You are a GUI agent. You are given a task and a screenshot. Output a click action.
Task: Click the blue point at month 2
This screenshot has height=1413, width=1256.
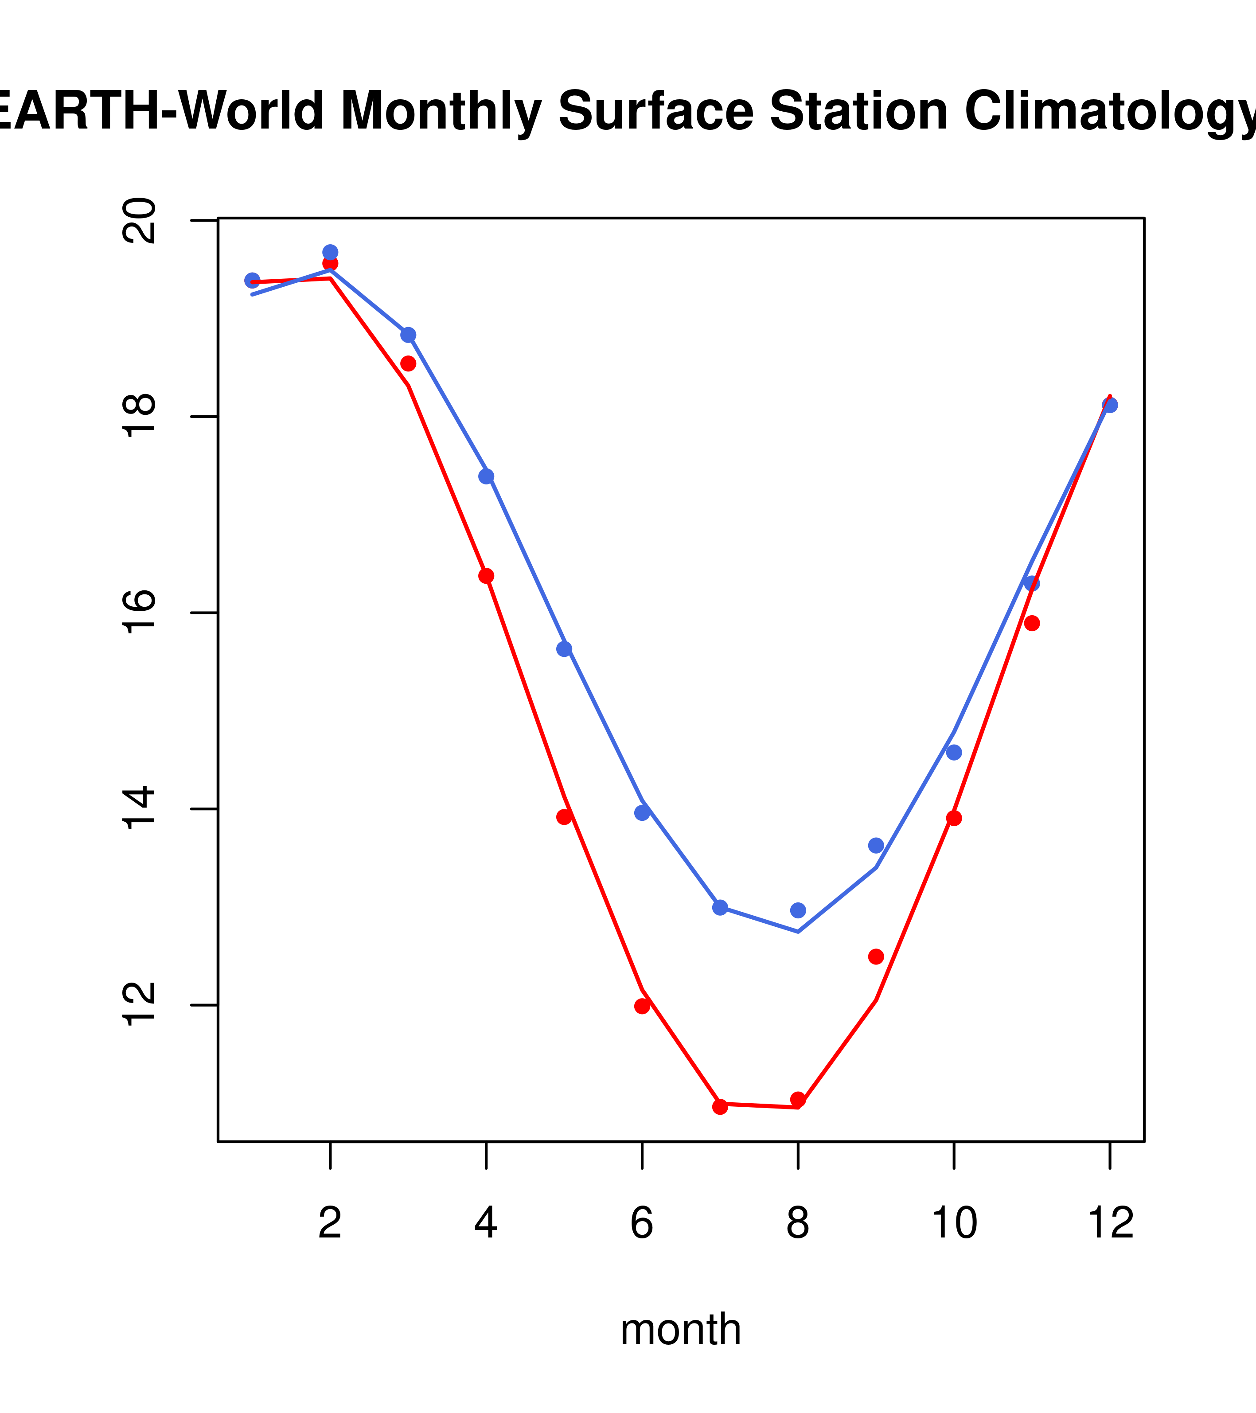(331, 252)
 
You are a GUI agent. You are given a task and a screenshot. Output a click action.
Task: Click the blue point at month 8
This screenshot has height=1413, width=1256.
(798, 910)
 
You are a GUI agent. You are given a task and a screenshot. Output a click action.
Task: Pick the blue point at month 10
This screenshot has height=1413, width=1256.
(954, 753)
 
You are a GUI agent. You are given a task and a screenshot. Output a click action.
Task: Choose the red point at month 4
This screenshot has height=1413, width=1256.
(486, 576)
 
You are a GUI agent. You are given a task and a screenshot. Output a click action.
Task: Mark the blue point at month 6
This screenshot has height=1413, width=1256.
(642, 813)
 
